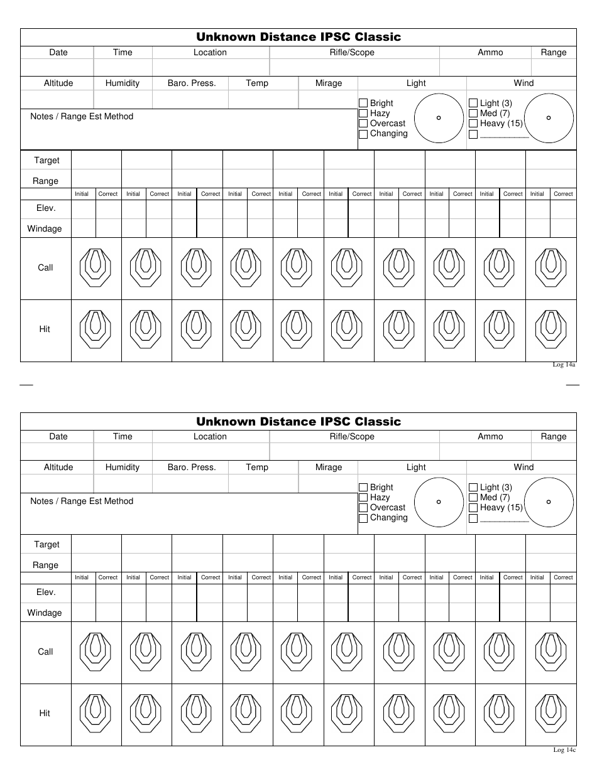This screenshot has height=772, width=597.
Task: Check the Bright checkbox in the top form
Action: click(363, 103)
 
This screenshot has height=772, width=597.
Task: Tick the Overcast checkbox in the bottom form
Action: click(363, 508)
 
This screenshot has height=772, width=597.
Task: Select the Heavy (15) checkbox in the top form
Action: click(473, 124)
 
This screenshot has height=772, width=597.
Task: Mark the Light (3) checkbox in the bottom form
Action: click(473, 487)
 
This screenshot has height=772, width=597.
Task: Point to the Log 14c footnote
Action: click(564, 749)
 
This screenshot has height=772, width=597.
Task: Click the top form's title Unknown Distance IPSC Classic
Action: click(298, 37)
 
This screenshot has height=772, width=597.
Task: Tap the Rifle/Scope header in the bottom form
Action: click(352, 436)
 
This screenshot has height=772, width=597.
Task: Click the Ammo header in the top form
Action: click(490, 53)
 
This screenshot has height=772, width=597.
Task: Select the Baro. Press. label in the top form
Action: click(192, 83)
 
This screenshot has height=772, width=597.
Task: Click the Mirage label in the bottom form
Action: click(329, 467)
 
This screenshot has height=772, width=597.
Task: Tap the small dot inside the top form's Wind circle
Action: click(549, 118)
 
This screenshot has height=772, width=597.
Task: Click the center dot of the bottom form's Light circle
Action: click(439, 502)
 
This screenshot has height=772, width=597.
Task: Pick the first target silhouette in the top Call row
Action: click(96, 268)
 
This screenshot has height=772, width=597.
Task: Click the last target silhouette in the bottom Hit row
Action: click(550, 714)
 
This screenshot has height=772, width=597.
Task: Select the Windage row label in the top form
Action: click(45, 228)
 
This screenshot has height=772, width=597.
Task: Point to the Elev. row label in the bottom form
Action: click(46, 592)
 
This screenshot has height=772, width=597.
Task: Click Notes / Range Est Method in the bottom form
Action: click(82, 501)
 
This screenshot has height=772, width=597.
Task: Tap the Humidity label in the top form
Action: click(123, 83)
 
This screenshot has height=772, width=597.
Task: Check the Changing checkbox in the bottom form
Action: click(363, 518)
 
